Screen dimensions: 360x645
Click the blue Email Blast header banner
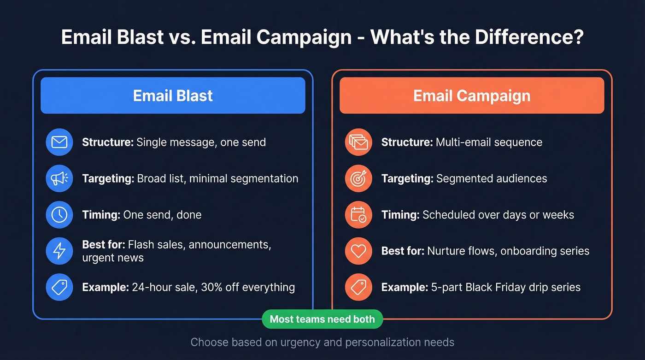[173, 95]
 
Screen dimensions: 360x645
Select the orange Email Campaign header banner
[472, 95]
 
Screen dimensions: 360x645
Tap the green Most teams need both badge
[322, 319]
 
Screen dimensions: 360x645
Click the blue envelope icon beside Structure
[59, 142]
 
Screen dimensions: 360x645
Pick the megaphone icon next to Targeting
[59, 178]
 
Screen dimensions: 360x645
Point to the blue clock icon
[59, 215]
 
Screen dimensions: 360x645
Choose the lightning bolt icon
[59, 251]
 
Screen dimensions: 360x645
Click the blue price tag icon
[59, 288]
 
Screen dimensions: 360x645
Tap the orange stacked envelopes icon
[358, 142]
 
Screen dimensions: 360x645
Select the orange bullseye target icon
[358, 178]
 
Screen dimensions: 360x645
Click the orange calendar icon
[358, 215]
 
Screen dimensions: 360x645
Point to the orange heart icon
[358, 251]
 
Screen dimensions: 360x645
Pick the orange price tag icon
[358, 288]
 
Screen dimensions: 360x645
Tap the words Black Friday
[498, 287]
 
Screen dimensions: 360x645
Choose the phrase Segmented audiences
[492, 178]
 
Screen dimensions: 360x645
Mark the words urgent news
[113, 258]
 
